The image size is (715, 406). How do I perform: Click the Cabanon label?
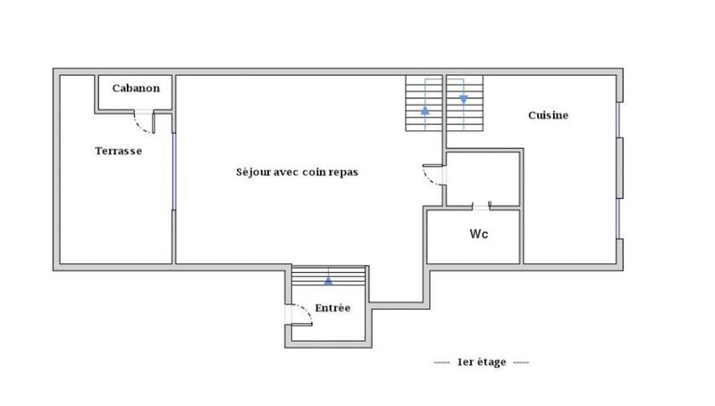(x=136, y=88)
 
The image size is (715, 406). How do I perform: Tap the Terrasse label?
(x=119, y=151)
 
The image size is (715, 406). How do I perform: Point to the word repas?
(x=343, y=172)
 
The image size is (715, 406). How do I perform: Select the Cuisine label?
(x=548, y=115)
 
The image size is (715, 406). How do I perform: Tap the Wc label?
(x=478, y=235)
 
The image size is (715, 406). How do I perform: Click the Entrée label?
(x=332, y=309)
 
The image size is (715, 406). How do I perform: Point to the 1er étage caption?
(x=482, y=362)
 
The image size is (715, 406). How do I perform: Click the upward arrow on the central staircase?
(x=425, y=111)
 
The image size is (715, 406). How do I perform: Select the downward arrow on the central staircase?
(x=464, y=98)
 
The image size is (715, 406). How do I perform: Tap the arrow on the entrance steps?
(x=328, y=279)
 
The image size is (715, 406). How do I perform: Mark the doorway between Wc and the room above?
(x=482, y=207)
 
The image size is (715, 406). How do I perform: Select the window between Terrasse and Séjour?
(x=173, y=170)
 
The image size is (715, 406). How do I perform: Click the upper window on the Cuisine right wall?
(x=618, y=120)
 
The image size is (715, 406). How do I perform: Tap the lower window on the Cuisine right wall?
(x=618, y=220)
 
